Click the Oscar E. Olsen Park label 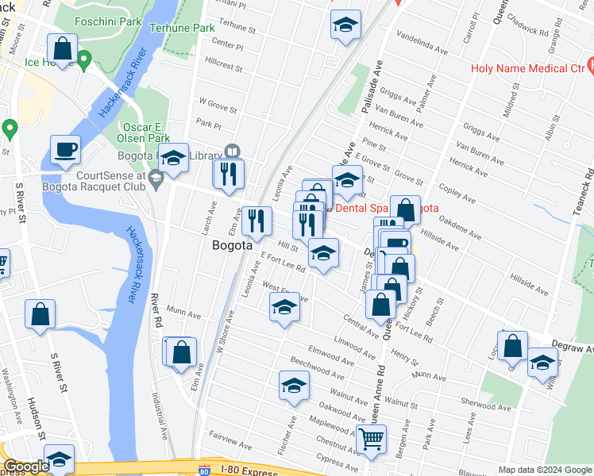[152, 132]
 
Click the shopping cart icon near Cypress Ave [371, 439]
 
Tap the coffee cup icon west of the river [65, 149]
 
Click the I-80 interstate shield [205, 470]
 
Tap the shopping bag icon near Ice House [62, 48]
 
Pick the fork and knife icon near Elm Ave [255, 221]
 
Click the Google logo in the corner [25, 466]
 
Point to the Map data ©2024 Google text [545, 470]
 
